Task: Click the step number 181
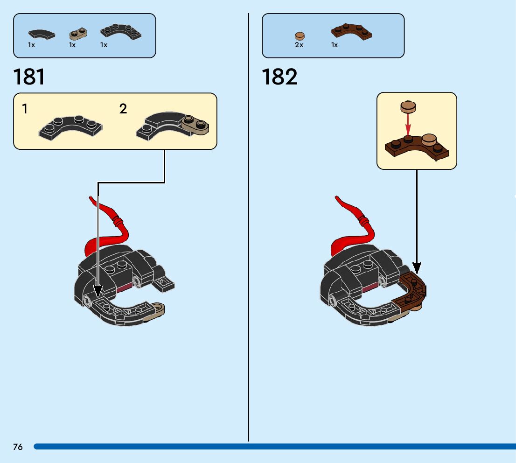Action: (x=29, y=77)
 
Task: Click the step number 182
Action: (x=279, y=77)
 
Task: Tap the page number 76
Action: (x=18, y=447)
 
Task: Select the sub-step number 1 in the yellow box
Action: (x=25, y=109)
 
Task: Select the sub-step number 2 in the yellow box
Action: (x=123, y=109)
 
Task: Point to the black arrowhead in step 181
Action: (x=98, y=291)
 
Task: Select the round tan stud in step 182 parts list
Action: (x=300, y=36)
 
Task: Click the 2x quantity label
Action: (x=299, y=45)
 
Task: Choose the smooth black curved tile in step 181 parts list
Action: (x=41, y=34)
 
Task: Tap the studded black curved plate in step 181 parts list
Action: (x=120, y=32)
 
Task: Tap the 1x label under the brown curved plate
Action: (x=335, y=45)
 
